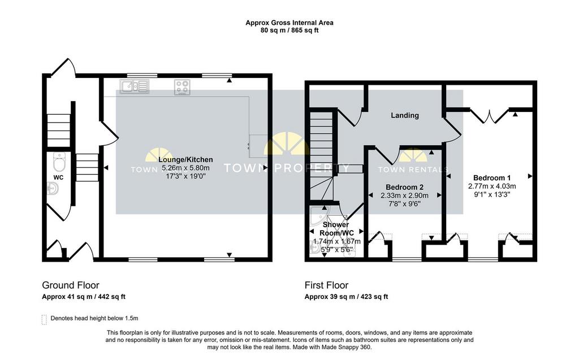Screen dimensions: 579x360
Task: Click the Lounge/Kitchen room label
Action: (x=185, y=159)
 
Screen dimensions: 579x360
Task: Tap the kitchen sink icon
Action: (x=135, y=86)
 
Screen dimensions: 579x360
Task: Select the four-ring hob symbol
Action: (x=183, y=87)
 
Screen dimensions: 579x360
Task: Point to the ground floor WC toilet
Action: (x=59, y=161)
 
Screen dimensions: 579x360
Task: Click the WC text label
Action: (x=58, y=177)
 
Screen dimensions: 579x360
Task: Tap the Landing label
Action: (x=405, y=115)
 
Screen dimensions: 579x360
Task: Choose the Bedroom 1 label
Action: (x=492, y=178)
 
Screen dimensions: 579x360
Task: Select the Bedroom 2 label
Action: (x=405, y=187)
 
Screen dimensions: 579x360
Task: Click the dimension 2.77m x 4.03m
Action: (x=492, y=186)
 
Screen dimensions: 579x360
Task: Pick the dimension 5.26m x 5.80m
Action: (x=185, y=168)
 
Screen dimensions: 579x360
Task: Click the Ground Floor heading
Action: (x=71, y=285)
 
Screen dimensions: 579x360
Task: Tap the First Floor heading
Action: (x=326, y=285)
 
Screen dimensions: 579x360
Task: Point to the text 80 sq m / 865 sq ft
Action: (x=289, y=31)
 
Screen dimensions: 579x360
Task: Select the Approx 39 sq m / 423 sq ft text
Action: (x=347, y=297)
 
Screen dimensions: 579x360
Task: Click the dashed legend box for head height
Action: (x=44, y=319)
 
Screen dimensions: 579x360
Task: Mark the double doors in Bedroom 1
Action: (x=490, y=116)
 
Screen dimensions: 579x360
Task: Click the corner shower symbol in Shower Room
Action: (x=319, y=216)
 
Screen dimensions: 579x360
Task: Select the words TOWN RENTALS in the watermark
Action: (x=413, y=170)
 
